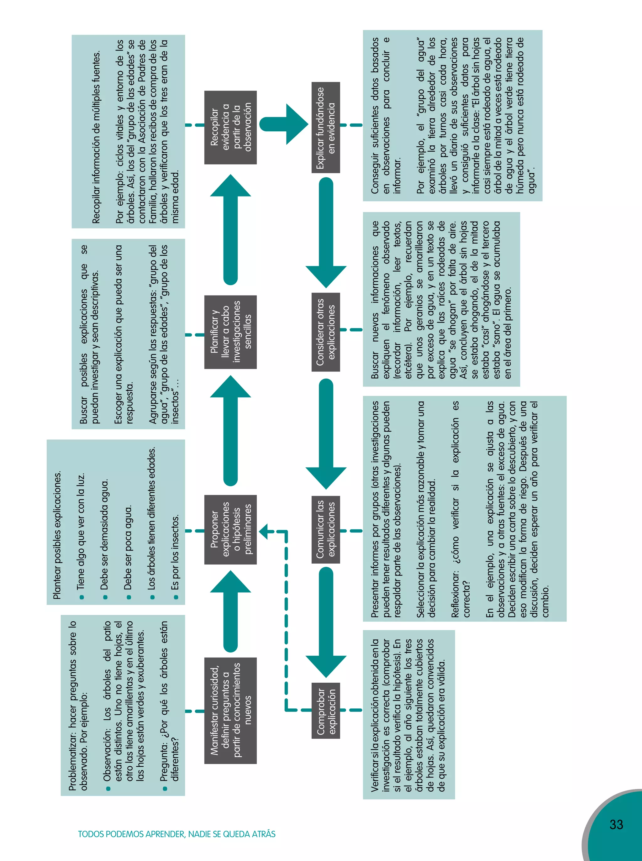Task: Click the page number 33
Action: (616, 824)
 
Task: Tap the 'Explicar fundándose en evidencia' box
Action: (326, 128)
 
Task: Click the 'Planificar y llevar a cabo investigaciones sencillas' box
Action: (230, 332)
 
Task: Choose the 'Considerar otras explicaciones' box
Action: (326, 332)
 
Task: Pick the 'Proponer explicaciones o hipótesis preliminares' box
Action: (230, 530)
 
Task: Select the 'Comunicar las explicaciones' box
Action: (326, 530)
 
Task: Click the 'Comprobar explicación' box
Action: (326, 710)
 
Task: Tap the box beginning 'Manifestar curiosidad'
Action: (230, 710)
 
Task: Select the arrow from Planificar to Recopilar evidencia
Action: (230, 229)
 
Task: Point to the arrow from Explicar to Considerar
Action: (326, 233)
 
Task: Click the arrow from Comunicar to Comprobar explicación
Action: (326, 622)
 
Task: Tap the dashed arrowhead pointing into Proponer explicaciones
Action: (264, 532)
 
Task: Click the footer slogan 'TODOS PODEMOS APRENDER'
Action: (176, 834)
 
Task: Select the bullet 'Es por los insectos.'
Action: (175, 552)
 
